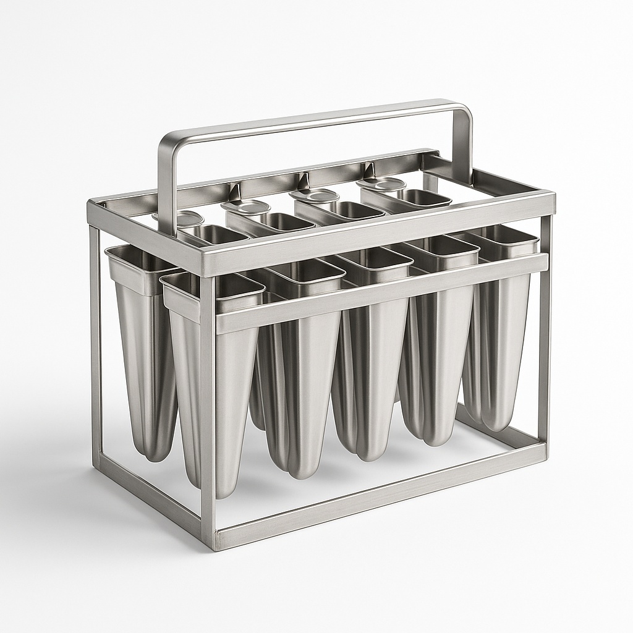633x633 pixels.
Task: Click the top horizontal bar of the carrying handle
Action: pyautogui.click(x=309, y=118)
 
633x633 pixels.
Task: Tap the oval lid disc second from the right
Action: pyautogui.click(x=316, y=195)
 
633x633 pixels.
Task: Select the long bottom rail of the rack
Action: pyautogui.click(x=377, y=495)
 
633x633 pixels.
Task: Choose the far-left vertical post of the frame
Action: pyautogui.click(x=95, y=346)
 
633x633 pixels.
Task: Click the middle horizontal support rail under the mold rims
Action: pyautogui.click(x=383, y=291)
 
